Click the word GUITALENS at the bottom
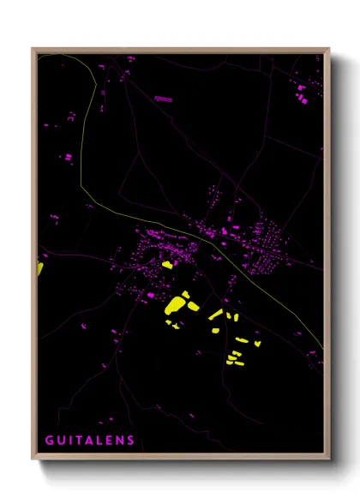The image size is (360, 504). click(x=90, y=441)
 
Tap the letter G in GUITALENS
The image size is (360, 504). click(x=49, y=441)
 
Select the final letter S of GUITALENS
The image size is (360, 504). click(x=131, y=441)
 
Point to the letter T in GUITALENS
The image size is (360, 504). click(x=81, y=441)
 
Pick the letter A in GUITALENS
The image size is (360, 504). click(x=91, y=441)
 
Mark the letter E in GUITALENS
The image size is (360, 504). click(x=111, y=441)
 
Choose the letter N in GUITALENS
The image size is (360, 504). click(x=121, y=441)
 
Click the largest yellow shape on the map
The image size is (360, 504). click(x=176, y=304)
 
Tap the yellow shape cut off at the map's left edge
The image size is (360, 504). click(x=39, y=268)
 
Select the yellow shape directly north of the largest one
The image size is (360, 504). click(x=166, y=266)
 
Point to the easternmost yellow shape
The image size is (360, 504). click(x=257, y=344)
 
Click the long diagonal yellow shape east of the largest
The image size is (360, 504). click(x=215, y=315)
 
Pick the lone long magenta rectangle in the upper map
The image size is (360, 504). click(x=163, y=99)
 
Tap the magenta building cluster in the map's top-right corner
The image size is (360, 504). click(x=302, y=94)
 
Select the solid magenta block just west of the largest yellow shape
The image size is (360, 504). click(x=151, y=295)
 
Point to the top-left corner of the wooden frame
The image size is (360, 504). click(x=33, y=49)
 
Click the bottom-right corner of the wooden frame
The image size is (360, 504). click(x=329, y=459)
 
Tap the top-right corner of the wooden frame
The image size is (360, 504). click(x=329, y=49)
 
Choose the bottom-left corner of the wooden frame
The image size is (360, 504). click(x=33, y=459)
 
